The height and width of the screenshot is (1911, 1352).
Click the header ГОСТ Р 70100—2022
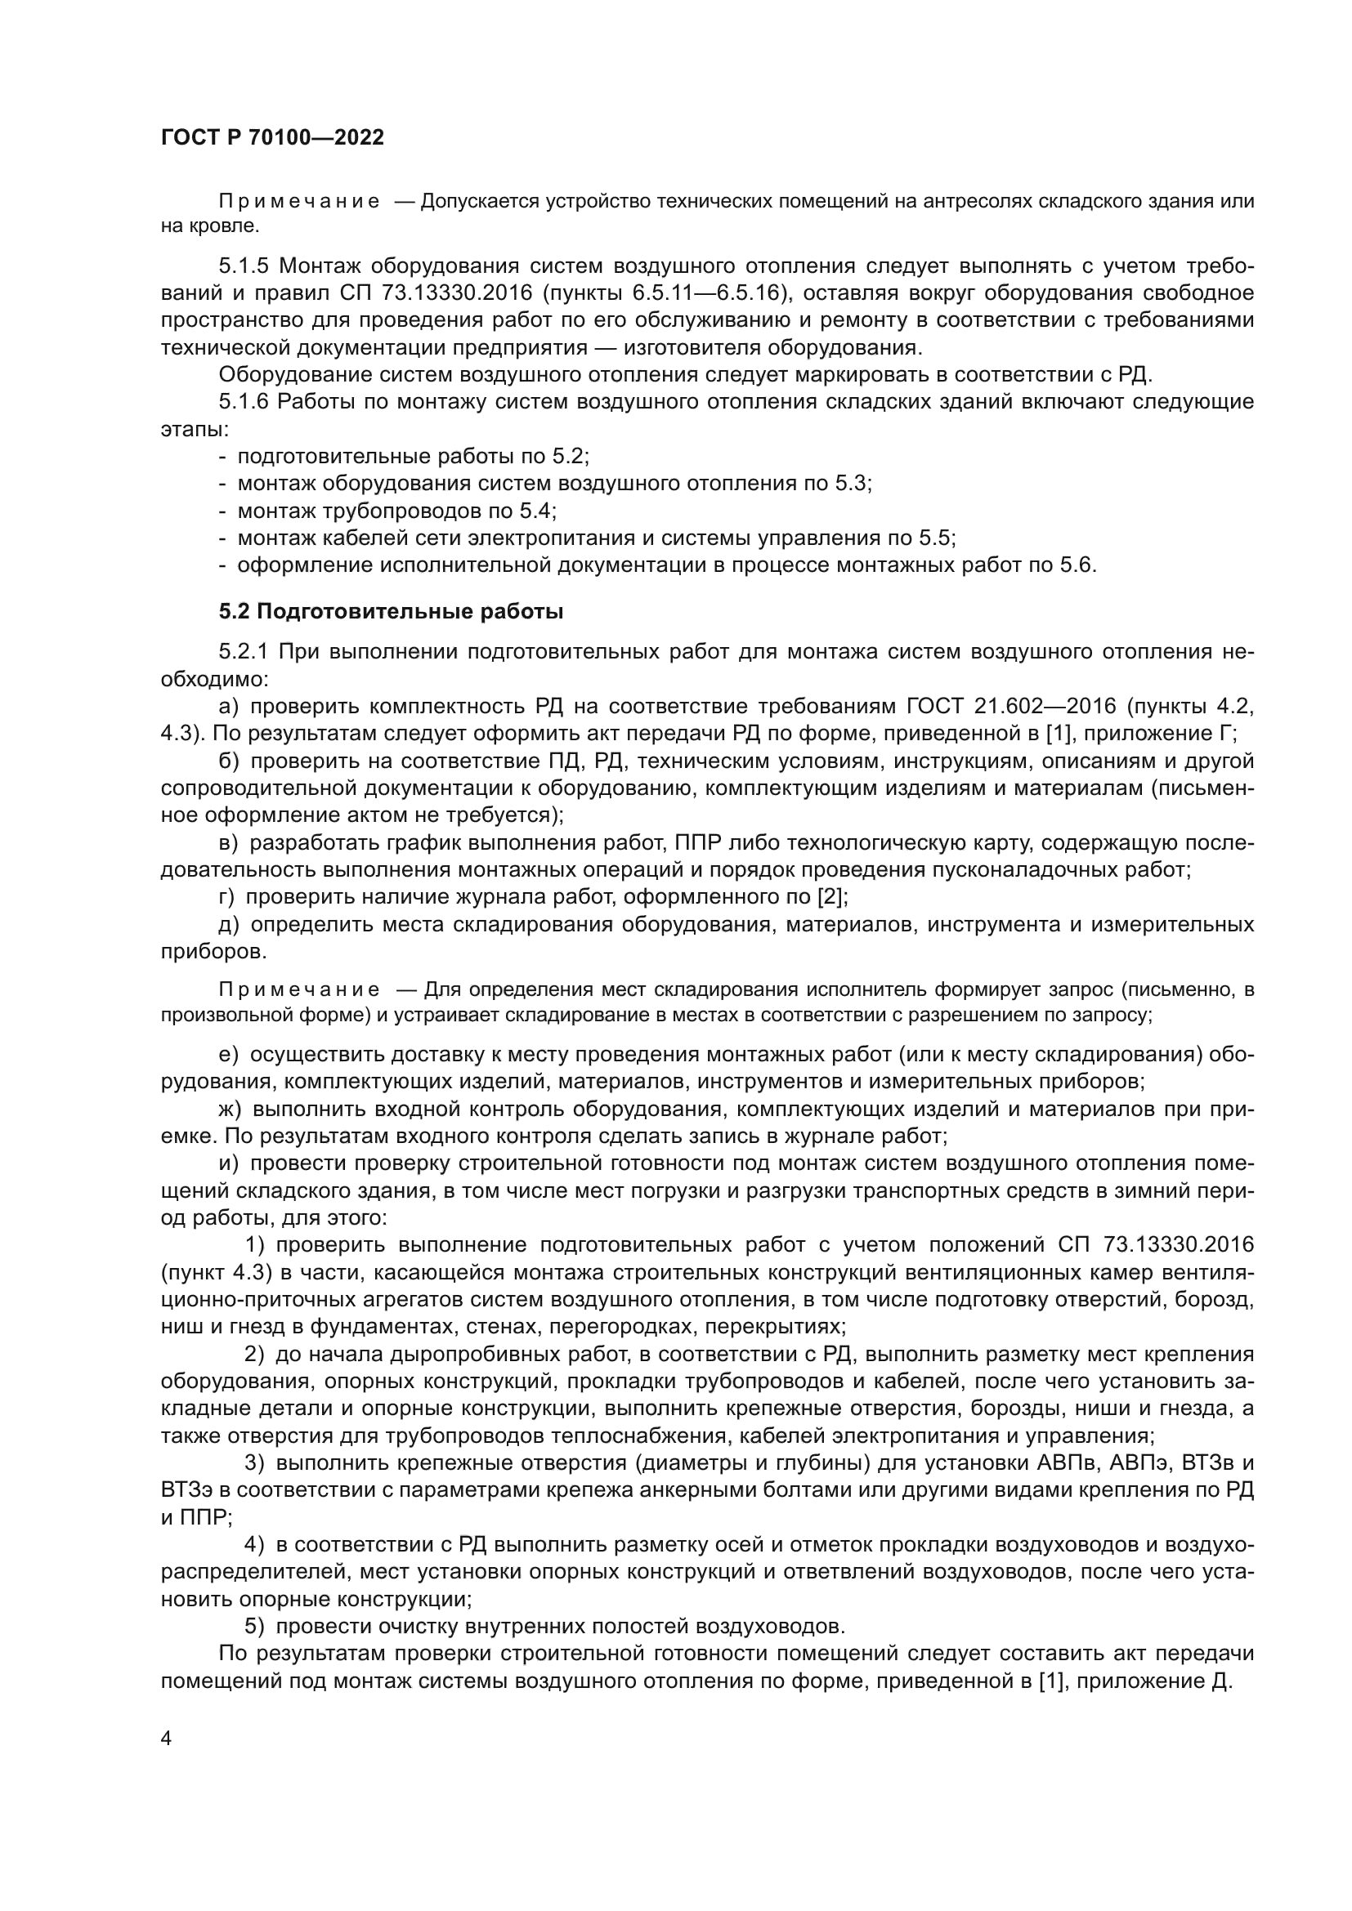click(272, 138)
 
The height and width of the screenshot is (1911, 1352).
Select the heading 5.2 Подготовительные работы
click(392, 612)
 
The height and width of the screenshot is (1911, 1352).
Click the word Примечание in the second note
click(299, 989)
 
